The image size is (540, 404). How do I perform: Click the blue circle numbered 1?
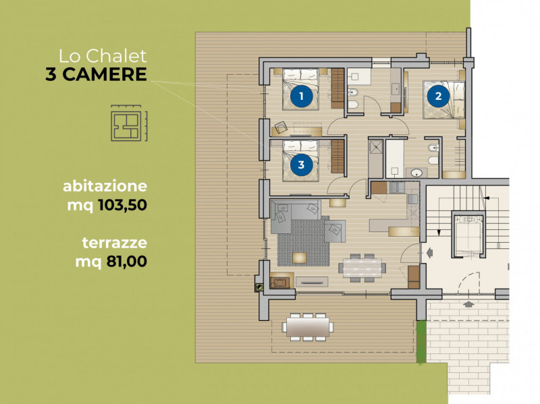(x=301, y=96)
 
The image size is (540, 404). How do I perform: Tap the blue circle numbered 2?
(x=438, y=96)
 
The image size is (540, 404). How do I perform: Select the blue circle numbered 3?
(x=301, y=165)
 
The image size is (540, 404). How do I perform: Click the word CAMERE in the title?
(x=105, y=74)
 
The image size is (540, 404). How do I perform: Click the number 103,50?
(x=123, y=205)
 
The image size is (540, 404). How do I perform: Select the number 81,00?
(x=127, y=261)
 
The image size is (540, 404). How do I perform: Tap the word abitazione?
(x=105, y=186)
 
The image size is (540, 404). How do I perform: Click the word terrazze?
(x=115, y=243)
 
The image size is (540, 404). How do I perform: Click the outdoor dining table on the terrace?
(x=308, y=327)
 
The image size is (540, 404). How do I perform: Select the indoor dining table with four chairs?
(x=362, y=268)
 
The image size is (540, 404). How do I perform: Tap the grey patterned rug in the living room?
(x=303, y=243)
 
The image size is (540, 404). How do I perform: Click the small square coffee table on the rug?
(x=300, y=258)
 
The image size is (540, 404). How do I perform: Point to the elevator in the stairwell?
(x=467, y=234)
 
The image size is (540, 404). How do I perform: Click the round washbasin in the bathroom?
(x=416, y=173)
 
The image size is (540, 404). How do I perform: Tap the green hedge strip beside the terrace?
(x=421, y=342)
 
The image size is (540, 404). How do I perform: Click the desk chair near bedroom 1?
(x=281, y=127)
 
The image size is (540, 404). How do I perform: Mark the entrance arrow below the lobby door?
(x=468, y=304)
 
